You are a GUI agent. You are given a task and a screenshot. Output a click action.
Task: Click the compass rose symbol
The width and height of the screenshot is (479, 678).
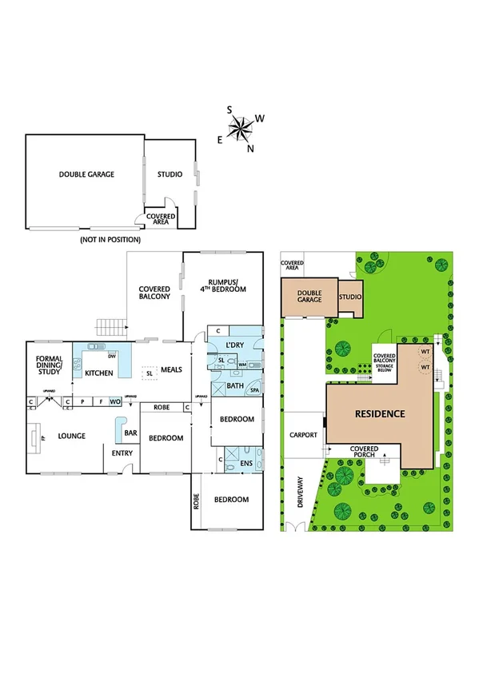(x=241, y=128)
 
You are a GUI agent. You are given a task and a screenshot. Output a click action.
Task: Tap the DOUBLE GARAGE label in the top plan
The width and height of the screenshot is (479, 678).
(x=86, y=174)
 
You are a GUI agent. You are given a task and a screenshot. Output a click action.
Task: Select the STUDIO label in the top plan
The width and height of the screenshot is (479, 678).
(x=169, y=174)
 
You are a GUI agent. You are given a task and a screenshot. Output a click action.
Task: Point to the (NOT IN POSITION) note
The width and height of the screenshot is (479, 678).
(x=110, y=239)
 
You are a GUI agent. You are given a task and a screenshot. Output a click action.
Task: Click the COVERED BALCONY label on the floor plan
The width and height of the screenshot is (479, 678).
(x=154, y=293)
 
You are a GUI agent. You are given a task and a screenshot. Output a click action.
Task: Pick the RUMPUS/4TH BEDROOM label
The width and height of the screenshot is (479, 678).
(x=226, y=285)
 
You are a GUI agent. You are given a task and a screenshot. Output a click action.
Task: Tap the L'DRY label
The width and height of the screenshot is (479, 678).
(x=234, y=345)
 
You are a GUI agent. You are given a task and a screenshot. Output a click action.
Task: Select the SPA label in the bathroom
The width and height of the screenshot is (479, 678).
(x=254, y=391)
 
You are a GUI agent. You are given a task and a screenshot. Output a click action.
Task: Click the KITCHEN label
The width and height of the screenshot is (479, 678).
(x=99, y=373)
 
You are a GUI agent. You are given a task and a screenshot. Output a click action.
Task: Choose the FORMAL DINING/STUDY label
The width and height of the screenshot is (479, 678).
(x=50, y=363)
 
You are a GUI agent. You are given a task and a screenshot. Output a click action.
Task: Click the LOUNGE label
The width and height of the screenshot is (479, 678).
(x=70, y=436)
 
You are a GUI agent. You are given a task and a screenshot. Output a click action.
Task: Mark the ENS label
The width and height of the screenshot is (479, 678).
(x=248, y=461)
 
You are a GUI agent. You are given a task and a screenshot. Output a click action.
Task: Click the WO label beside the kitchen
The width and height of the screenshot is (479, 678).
(x=114, y=401)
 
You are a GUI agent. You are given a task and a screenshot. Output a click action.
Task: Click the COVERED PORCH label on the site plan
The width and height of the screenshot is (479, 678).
(x=364, y=453)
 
